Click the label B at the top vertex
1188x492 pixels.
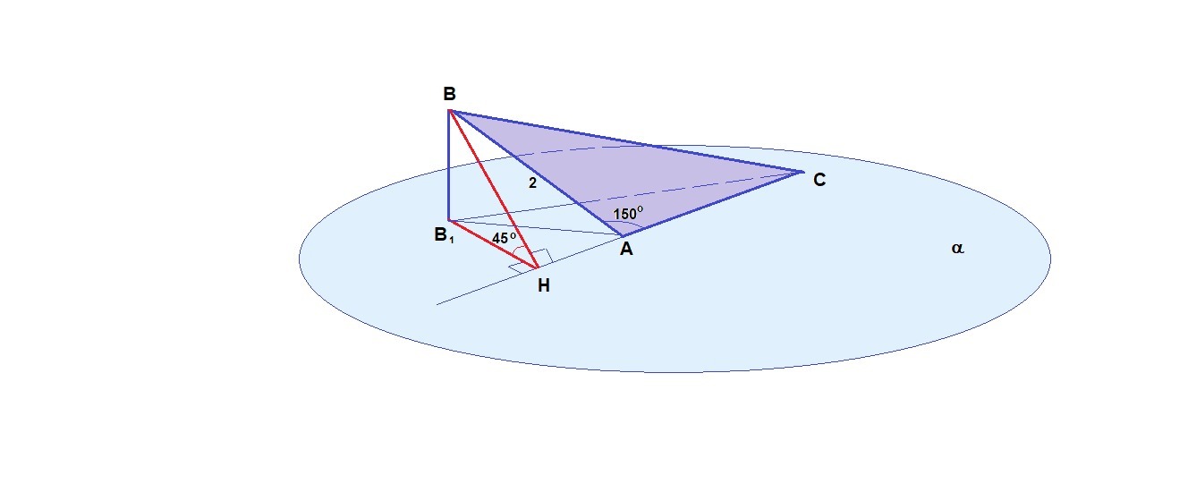click(449, 93)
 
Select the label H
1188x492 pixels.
click(543, 285)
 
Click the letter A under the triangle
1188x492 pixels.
click(626, 250)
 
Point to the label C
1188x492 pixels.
click(819, 181)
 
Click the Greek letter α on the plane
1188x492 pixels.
click(957, 250)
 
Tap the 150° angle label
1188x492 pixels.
click(628, 214)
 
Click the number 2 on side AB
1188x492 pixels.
click(532, 182)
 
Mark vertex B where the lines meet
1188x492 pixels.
click(449, 111)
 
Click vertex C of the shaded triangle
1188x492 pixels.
click(802, 172)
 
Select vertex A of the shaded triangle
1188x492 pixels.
click(623, 236)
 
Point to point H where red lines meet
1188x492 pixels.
click(538, 267)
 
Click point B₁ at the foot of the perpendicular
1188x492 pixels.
click(449, 220)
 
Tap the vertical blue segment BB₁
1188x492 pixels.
click(449, 165)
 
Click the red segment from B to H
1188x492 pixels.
click(493, 189)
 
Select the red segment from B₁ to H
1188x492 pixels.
click(493, 243)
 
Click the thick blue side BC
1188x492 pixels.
click(626, 141)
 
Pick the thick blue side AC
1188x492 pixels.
click(712, 204)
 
